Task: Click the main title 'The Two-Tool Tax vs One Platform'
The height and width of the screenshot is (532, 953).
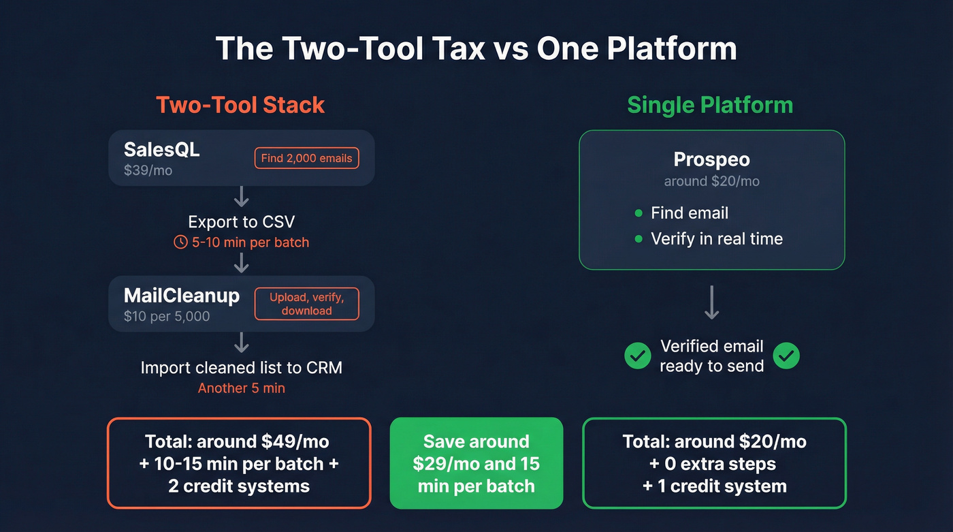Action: click(x=476, y=50)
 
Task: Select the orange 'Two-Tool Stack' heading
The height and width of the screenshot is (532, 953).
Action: click(x=240, y=106)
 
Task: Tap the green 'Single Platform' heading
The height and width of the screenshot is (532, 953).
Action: click(x=710, y=106)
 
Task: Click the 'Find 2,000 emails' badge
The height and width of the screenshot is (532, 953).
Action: click(x=306, y=158)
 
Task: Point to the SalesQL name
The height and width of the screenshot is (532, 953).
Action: click(x=161, y=149)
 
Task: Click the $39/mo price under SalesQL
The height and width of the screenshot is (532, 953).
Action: click(x=148, y=170)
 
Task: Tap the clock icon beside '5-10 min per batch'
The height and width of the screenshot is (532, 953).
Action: click(x=180, y=242)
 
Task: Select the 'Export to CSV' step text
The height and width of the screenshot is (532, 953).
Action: click(x=241, y=222)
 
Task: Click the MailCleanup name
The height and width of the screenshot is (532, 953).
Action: click(x=181, y=296)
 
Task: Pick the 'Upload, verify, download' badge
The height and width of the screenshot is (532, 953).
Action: click(x=306, y=304)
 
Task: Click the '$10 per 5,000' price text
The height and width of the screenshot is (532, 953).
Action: click(x=167, y=316)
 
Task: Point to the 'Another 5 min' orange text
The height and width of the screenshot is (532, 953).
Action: click(x=241, y=388)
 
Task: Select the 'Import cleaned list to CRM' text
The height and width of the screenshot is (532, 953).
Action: click(x=241, y=368)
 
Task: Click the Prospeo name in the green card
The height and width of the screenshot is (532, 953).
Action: click(x=711, y=159)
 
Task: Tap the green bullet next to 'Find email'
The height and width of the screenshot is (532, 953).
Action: click(x=638, y=213)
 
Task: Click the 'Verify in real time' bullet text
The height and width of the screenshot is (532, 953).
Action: click(x=716, y=239)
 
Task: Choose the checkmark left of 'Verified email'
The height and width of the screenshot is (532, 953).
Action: click(x=638, y=356)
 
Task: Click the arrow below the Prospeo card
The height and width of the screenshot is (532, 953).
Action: click(x=711, y=303)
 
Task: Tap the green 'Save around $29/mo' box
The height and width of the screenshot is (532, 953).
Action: click(x=476, y=463)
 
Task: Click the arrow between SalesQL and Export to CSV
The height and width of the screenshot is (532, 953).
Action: click(x=241, y=197)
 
